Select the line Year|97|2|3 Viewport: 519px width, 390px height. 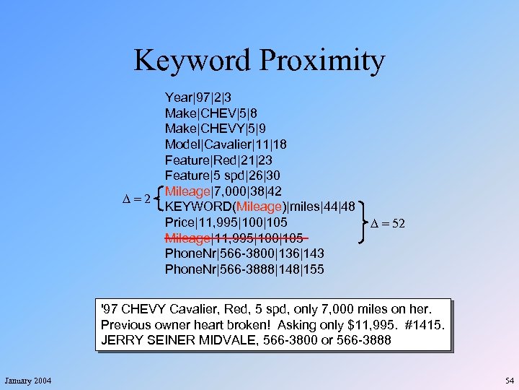[199, 97]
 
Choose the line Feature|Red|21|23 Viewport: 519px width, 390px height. [218, 160]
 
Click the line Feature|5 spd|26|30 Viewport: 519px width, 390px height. [223, 175]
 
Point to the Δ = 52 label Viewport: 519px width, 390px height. [388, 223]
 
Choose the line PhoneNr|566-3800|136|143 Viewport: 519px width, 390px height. [244, 254]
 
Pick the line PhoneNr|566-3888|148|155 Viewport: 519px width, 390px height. [244, 270]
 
